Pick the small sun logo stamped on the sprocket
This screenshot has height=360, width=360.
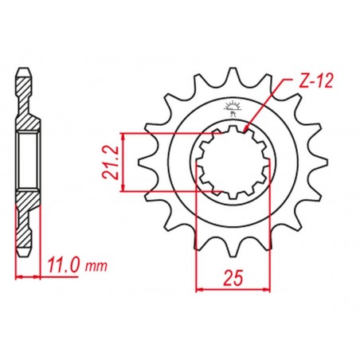click(x=232, y=106)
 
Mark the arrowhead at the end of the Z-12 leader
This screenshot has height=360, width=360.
click(x=248, y=127)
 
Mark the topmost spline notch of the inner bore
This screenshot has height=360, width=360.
click(x=229, y=128)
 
